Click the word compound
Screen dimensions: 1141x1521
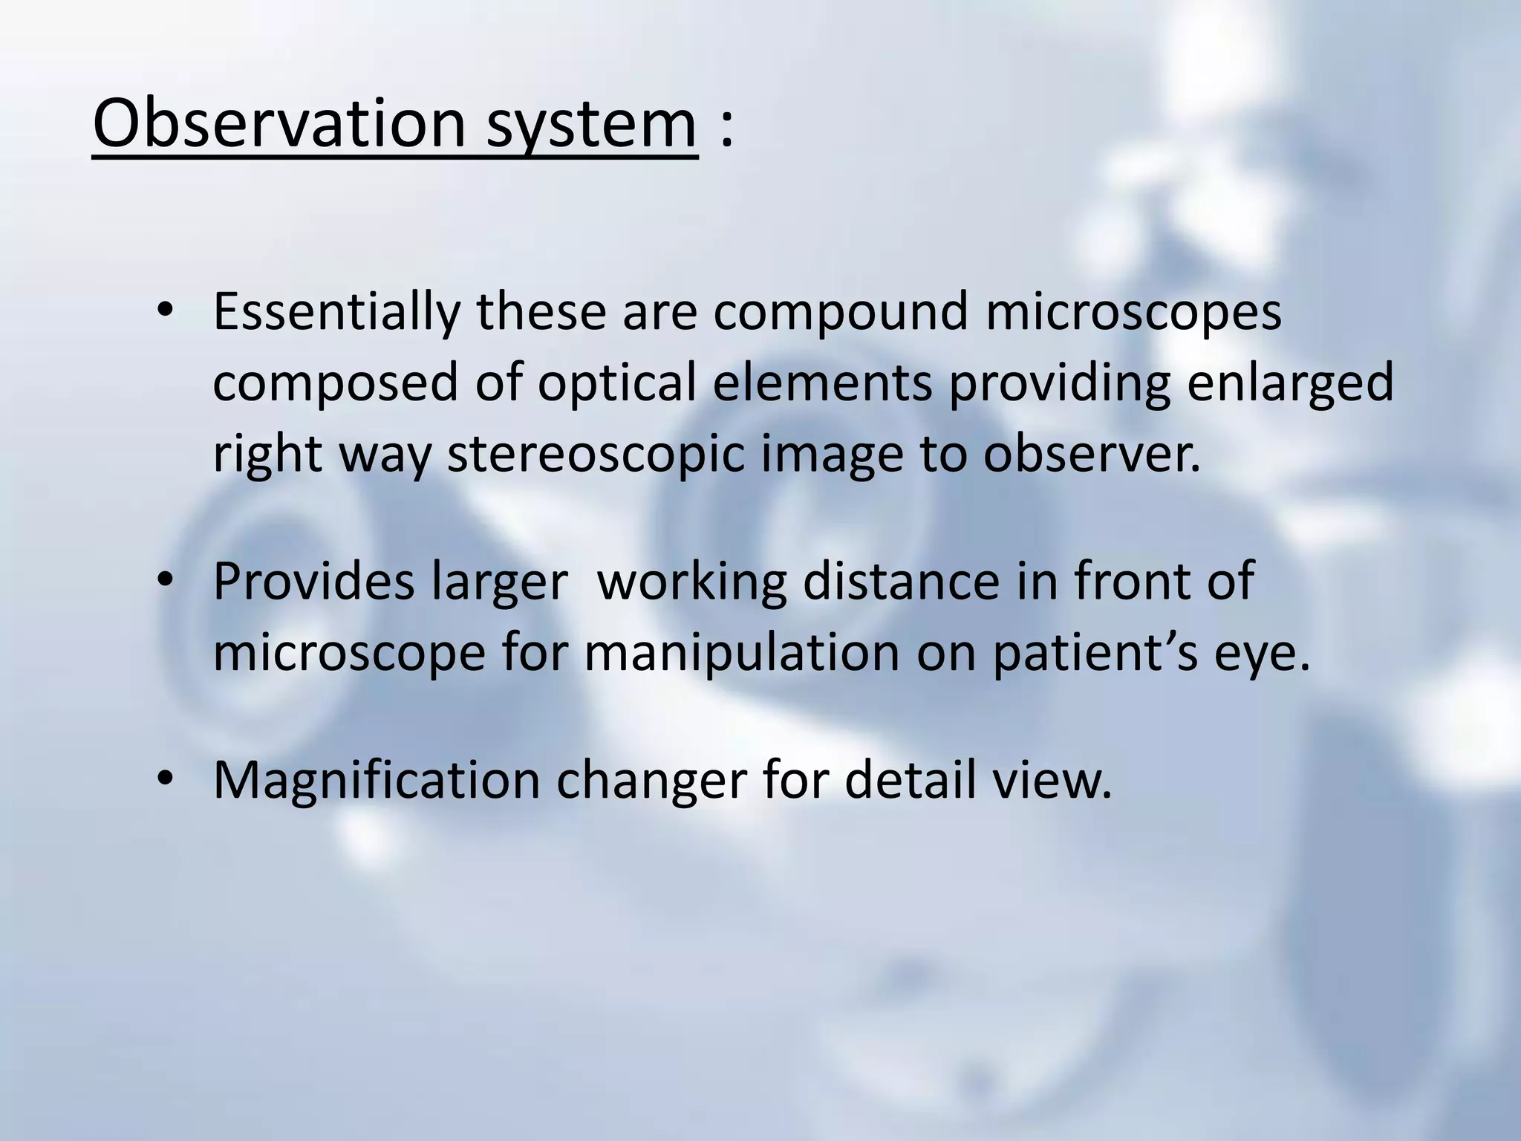click(x=841, y=313)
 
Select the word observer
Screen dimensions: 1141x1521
click(x=1092, y=454)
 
